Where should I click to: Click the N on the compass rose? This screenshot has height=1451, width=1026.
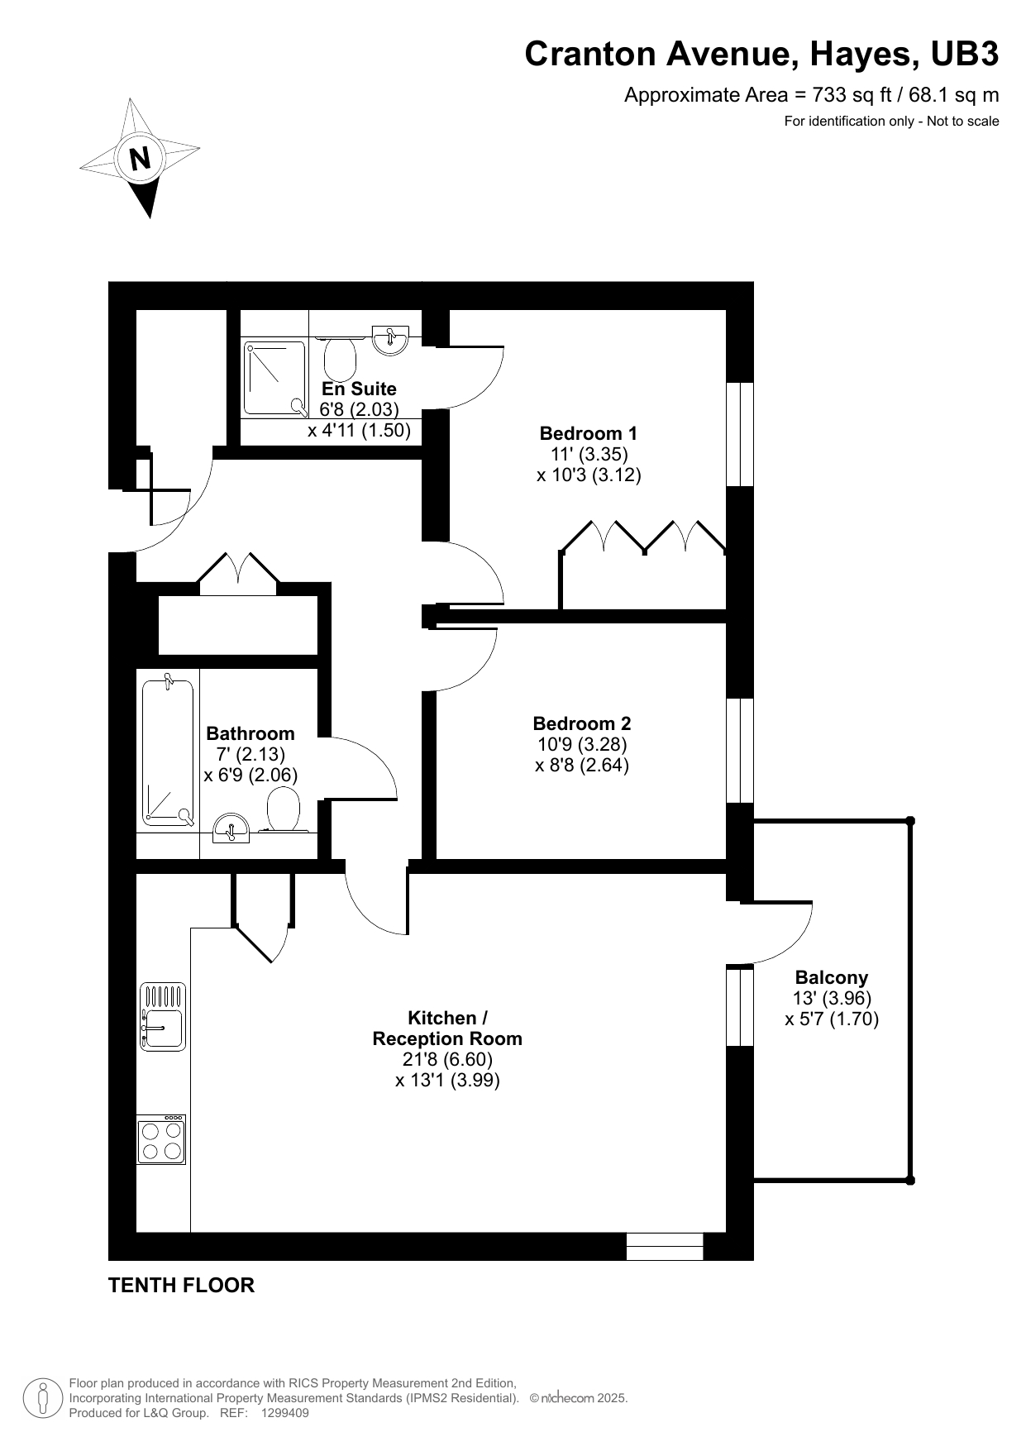coord(141,157)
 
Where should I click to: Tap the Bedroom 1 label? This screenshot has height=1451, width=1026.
coord(588,433)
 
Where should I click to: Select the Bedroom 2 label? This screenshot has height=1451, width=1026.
coord(582,723)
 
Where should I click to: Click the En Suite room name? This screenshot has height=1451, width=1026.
coord(359,389)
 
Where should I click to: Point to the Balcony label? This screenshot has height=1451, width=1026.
coord(832,978)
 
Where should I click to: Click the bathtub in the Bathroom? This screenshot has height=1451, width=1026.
coord(168,751)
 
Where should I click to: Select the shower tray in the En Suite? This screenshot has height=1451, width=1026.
coord(275,379)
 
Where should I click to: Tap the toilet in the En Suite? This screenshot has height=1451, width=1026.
coord(340,356)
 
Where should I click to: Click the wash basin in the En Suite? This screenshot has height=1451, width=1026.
coord(389,340)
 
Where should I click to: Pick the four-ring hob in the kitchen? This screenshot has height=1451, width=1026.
coord(162,1139)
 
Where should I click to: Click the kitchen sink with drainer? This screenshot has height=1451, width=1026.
coord(163,1017)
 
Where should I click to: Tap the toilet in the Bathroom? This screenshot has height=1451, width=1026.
coord(284,810)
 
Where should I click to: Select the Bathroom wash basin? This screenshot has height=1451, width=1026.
coord(231,828)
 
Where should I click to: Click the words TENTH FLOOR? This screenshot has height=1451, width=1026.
coord(181,1286)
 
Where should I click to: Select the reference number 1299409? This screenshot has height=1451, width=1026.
coord(284,1413)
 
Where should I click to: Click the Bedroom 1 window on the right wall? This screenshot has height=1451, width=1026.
coord(740,434)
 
